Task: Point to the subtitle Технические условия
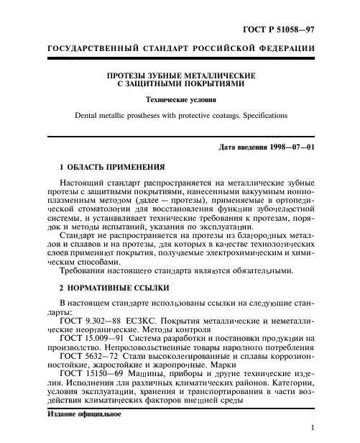pos(180,99)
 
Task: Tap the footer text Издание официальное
pos(84,416)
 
